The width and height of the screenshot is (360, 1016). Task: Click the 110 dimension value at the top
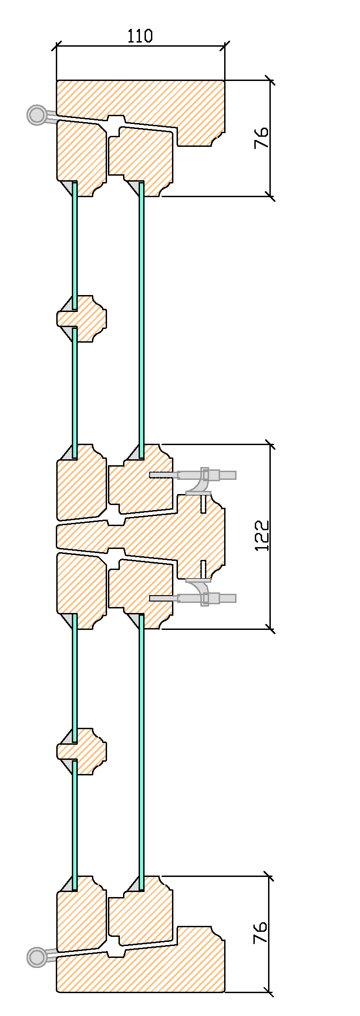[x=140, y=36]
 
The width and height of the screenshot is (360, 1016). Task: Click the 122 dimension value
[x=262, y=536]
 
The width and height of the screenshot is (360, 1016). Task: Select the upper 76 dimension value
[x=261, y=138]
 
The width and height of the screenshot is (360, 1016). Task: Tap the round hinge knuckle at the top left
[x=37, y=114]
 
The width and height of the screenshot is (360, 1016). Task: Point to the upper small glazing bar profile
[x=82, y=318]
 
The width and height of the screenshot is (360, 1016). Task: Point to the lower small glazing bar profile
[x=82, y=752]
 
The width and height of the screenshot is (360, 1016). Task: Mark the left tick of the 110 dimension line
[x=57, y=46]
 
